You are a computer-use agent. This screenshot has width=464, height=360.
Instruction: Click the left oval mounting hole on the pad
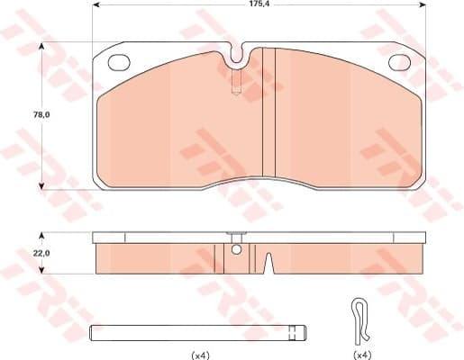point(119,63)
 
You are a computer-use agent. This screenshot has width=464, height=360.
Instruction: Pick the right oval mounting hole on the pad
point(397,63)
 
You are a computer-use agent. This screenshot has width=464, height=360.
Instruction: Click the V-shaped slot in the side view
point(268,264)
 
